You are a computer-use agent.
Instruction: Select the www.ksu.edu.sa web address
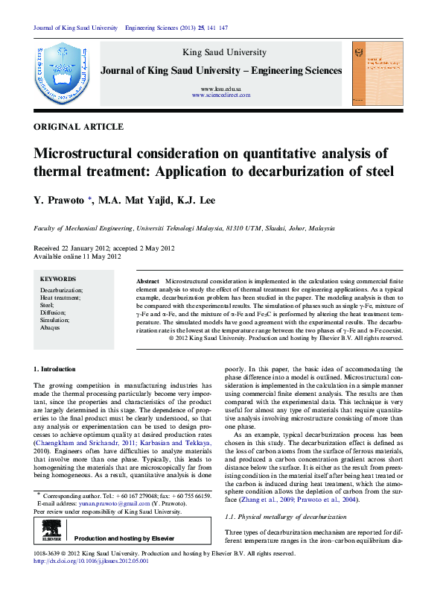click(221, 89)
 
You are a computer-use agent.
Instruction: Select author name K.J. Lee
click(197, 200)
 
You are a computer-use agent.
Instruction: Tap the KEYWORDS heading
click(57, 279)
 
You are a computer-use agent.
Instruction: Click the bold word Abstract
click(147, 280)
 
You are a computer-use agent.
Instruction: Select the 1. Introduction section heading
click(55, 370)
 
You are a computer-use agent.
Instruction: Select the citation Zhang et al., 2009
click(260, 499)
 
